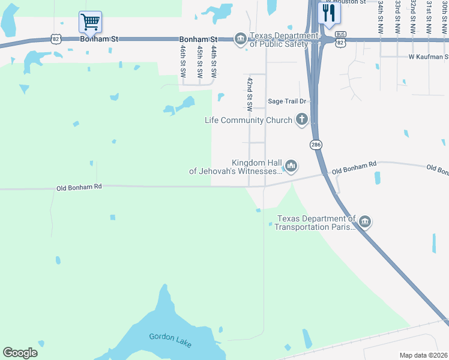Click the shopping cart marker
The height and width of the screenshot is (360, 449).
pyautogui.click(x=90, y=22)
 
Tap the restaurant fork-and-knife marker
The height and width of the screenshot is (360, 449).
pyautogui.click(x=328, y=13)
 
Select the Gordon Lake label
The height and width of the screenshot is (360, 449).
pyautogui.click(x=170, y=338)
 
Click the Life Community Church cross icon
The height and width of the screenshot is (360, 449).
pyautogui.click(x=301, y=120)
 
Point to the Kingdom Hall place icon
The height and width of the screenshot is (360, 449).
pyautogui.click(x=291, y=165)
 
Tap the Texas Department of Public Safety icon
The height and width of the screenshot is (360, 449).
pyautogui.click(x=241, y=39)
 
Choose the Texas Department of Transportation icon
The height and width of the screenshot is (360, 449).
pyautogui.click(x=364, y=223)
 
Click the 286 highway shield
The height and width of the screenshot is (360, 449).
pyautogui.click(x=315, y=145)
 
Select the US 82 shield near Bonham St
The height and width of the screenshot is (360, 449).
pyautogui.click(x=56, y=38)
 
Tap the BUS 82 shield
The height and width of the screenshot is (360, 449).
pyautogui.click(x=340, y=39)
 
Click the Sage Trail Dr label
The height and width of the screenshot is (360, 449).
pyautogui.click(x=287, y=102)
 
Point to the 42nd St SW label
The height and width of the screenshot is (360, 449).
pyautogui.click(x=250, y=94)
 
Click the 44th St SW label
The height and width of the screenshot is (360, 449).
pyautogui.click(x=213, y=62)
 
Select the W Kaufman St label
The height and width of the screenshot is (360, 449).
pyautogui.click(x=429, y=57)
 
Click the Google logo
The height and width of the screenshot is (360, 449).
pyautogui.click(x=20, y=353)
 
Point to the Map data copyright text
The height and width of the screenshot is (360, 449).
pyautogui.click(x=423, y=355)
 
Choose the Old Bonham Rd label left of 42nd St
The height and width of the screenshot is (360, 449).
pyautogui.click(x=79, y=187)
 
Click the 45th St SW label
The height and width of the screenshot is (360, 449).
pyautogui.click(x=199, y=62)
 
